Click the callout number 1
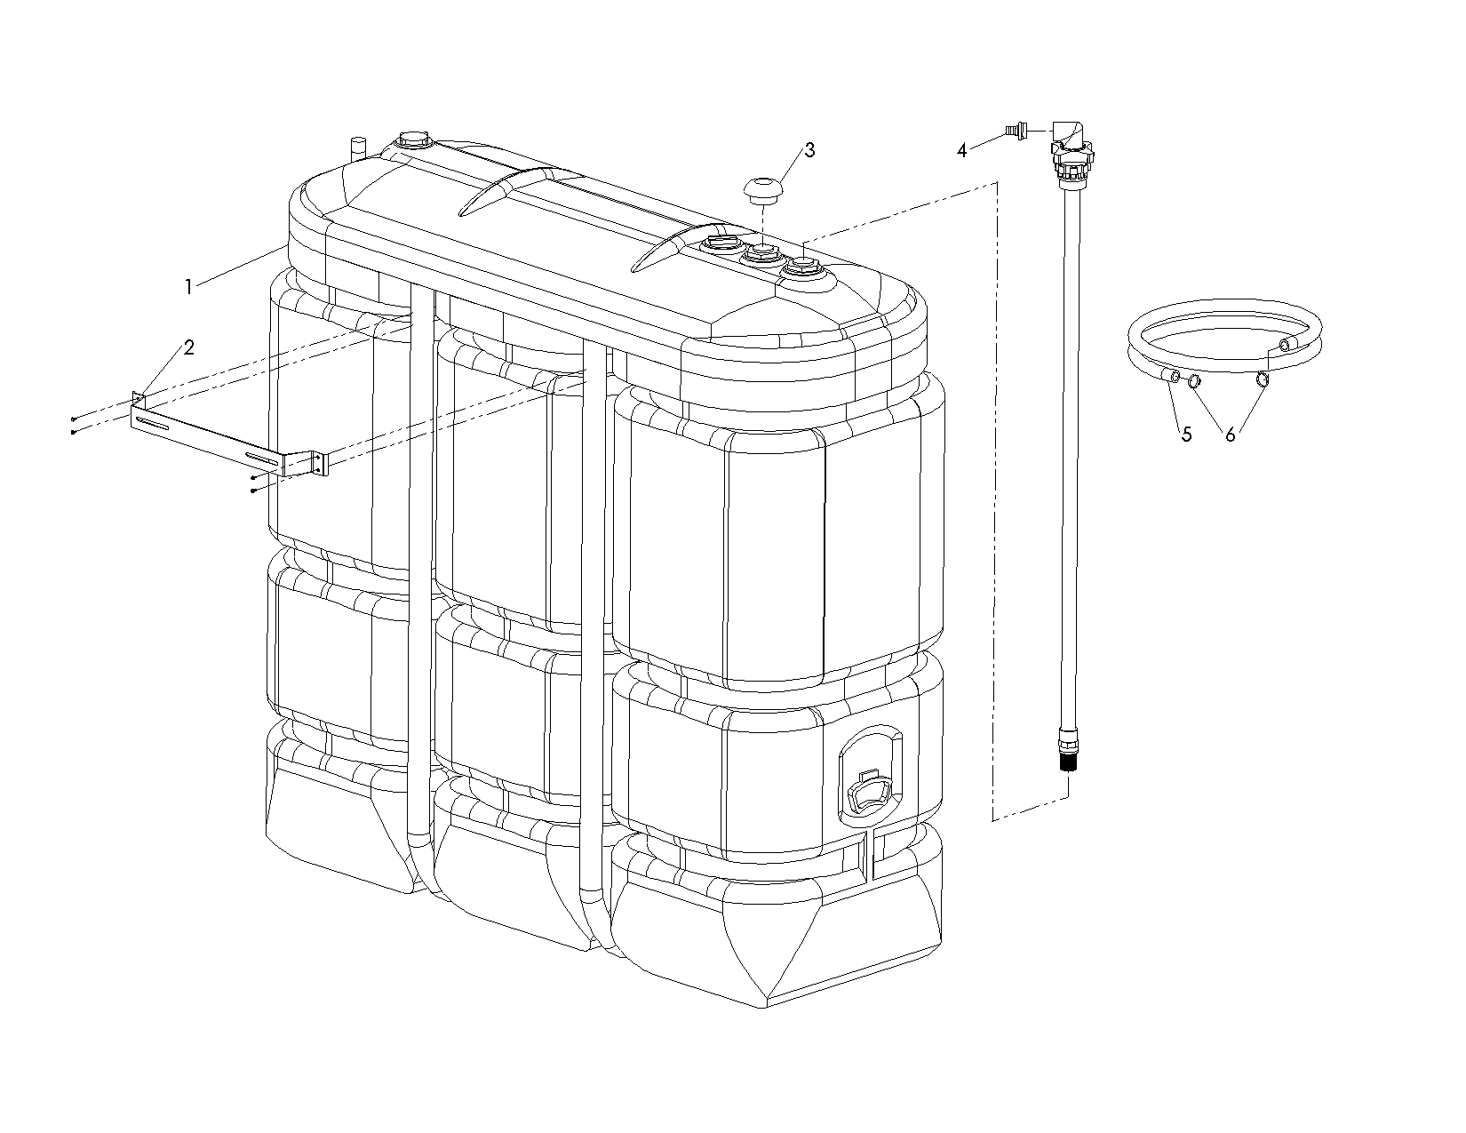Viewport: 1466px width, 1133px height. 189,287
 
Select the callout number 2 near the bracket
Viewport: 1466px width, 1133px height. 189,347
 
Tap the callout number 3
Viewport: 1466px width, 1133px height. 809,150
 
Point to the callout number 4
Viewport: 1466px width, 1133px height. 962,151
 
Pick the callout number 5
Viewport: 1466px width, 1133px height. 1187,435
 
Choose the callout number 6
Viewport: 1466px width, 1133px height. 1230,435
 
